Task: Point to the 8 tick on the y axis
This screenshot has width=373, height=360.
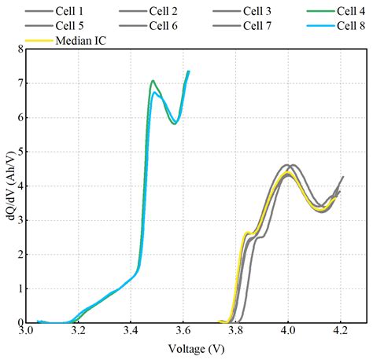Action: (17, 49)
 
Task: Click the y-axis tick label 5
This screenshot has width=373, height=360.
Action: (17, 152)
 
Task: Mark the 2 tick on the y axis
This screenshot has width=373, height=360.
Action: (17, 254)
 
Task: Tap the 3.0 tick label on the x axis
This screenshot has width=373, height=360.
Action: (26, 332)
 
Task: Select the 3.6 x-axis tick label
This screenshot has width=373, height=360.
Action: (183, 332)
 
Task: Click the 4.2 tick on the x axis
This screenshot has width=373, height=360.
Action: (341, 332)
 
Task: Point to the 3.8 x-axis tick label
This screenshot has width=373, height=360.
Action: (236, 332)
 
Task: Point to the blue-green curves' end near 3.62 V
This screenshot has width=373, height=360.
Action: (189, 72)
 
